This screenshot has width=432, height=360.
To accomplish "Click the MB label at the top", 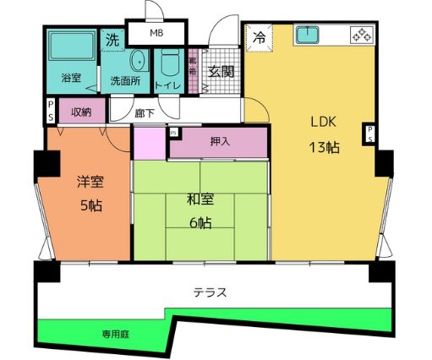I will tap(156, 33).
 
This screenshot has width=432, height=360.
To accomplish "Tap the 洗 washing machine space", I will tap(112, 39).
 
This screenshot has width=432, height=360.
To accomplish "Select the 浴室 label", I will tap(70, 79).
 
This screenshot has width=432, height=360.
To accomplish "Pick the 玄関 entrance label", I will tap(221, 72).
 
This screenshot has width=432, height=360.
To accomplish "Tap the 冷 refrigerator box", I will tap(260, 38).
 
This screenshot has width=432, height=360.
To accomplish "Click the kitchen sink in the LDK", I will tap(306, 36).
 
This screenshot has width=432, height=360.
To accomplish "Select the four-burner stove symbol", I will tap(361, 35).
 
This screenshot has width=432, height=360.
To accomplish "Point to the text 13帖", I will tap(324, 147).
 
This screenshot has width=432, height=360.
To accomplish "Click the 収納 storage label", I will tap(81, 112).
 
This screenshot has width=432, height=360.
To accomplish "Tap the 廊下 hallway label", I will tap(145, 112).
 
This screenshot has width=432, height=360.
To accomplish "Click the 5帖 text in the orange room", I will tap(90, 205).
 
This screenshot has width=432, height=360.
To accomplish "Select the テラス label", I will tap(209, 292).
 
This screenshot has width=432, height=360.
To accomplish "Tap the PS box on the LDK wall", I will tap(369, 134).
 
